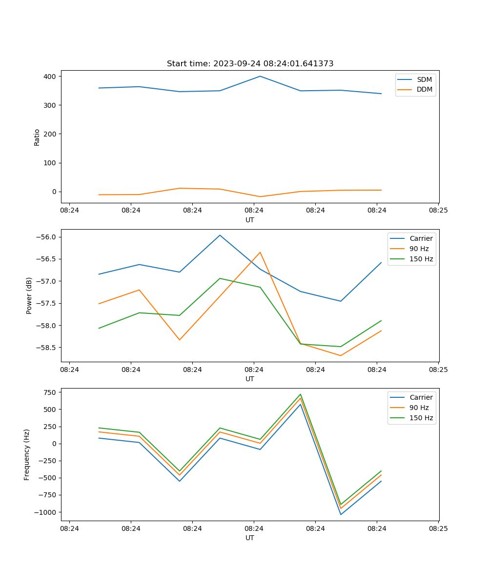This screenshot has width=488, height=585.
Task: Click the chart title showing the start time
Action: (x=250, y=64)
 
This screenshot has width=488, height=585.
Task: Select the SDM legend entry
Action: (x=424, y=79)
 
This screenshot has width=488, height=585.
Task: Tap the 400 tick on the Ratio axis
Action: (x=50, y=77)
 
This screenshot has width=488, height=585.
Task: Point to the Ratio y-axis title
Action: (x=37, y=137)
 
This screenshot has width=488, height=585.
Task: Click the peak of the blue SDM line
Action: (x=260, y=76)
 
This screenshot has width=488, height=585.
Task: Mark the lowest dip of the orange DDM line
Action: (x=260, y=196)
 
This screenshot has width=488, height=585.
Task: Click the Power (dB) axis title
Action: (x=29, y=295)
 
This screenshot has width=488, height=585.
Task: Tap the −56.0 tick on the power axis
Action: (x=45, y=237)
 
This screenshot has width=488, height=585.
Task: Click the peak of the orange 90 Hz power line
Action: (x=260, y=252)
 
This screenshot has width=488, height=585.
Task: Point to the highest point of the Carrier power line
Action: (x=220, y=235)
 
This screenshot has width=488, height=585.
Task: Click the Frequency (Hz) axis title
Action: (x=27, y=454)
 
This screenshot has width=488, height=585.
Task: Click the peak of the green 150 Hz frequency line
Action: (x=300, y=394)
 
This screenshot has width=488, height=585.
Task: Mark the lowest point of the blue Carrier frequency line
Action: (x=341, y=514)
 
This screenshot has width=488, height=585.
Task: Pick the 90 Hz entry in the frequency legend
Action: (x=419, y=408)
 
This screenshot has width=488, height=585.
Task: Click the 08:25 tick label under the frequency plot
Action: (x=438, y=528)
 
